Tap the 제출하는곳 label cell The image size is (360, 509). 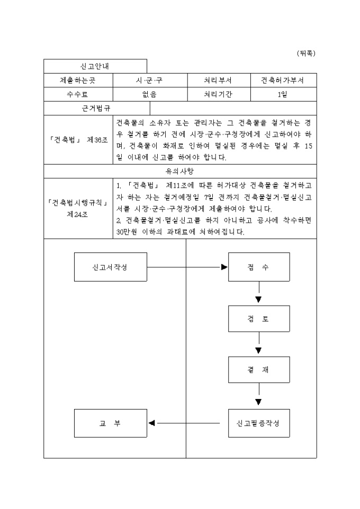tap(78, 80)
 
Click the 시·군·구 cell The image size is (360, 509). tap(150, 80)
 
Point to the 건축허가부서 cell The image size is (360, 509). tap(282, 80)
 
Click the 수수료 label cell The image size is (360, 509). tap(78, 95)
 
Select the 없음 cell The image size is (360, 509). tap(150, 95)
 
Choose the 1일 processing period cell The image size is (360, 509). tap(282, 95)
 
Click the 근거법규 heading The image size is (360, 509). tap(96, 108)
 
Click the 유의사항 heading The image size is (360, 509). tap(180, 171)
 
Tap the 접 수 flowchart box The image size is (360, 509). tap(258, 267)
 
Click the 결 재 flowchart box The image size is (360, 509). tap(258, 370)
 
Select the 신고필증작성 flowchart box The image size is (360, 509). tap(258, 423)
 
